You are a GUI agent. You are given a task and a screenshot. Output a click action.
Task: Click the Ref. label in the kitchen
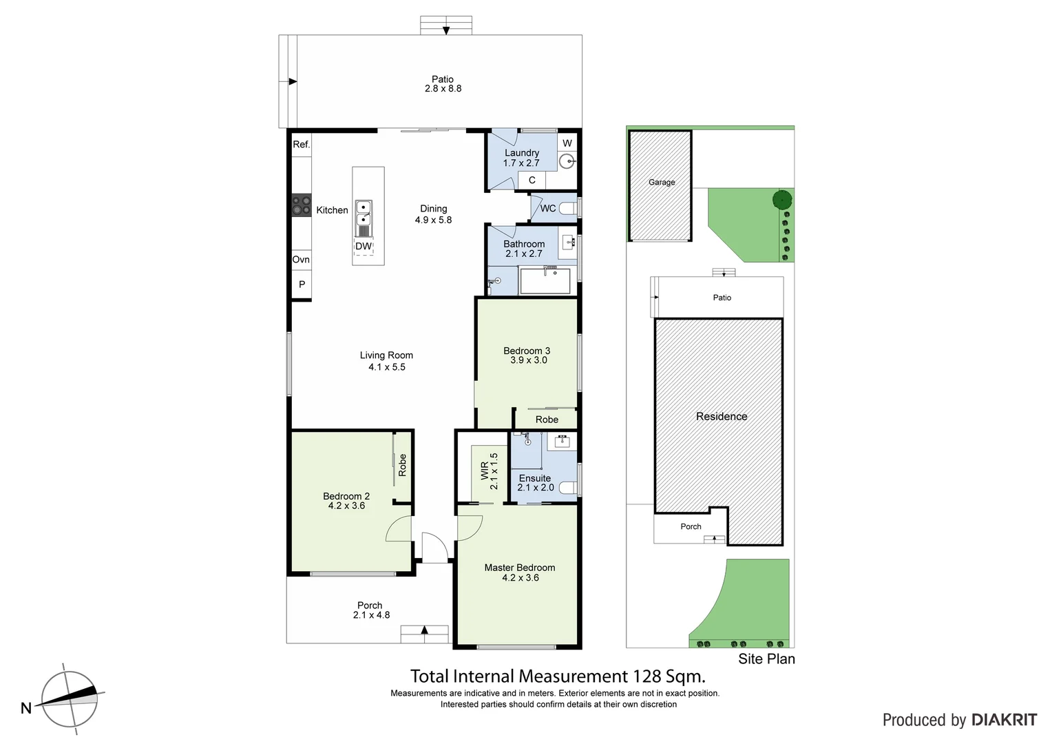(302, 145)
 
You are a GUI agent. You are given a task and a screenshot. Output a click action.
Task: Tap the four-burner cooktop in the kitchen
(302, 205)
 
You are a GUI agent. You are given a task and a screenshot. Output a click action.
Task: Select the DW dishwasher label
(364, 247)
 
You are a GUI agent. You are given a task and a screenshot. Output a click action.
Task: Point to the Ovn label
(301, 260)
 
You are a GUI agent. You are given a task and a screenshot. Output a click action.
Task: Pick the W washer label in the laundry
(567, 143)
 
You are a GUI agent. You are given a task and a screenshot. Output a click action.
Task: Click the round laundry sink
(567, 162)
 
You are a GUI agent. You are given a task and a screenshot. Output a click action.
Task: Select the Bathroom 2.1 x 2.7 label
(524, 249)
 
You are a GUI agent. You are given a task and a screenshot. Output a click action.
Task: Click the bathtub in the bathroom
(545, 281)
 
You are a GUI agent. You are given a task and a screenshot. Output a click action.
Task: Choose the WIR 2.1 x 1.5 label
(490, 471)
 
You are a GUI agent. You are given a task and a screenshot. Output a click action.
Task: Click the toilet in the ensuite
(568, 488)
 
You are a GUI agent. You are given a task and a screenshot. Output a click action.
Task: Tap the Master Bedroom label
(520, 572)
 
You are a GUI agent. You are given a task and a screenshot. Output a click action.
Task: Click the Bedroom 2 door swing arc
(399, 529)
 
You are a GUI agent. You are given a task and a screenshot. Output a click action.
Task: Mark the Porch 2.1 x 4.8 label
(370, 610)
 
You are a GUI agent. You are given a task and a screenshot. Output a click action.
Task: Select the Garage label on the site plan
(662, 183)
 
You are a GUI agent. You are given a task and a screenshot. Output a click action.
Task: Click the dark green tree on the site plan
(782, 200)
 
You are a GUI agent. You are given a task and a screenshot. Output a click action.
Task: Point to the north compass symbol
(69, 699)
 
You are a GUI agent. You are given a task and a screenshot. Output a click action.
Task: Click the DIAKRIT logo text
(1004, 721)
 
